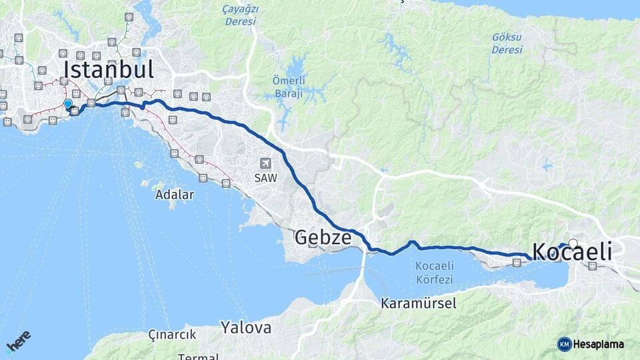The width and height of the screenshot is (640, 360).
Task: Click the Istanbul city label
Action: coord(109,69)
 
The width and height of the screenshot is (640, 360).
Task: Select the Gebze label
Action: coord(323,237)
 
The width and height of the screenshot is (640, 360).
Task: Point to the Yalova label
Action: coord(246,327)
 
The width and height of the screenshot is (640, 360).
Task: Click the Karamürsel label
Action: coord(419,303)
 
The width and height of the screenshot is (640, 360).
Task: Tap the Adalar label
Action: coord(174,195)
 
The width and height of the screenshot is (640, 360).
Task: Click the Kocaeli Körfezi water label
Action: coord(434,272)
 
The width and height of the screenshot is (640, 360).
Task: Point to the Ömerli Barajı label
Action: coord(289,87)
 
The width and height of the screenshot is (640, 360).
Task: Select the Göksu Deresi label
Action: coord(507,43)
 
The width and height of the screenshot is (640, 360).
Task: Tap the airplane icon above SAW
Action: coord(265,163)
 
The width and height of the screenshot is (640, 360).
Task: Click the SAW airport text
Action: coord(265,178)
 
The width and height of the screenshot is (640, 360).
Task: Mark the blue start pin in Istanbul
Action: coord(68,103)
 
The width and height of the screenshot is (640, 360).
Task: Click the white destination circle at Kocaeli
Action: coord(573,243)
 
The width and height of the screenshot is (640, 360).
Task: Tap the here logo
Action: coord(19,341)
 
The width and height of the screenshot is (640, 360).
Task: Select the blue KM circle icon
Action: coord(564,344)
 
